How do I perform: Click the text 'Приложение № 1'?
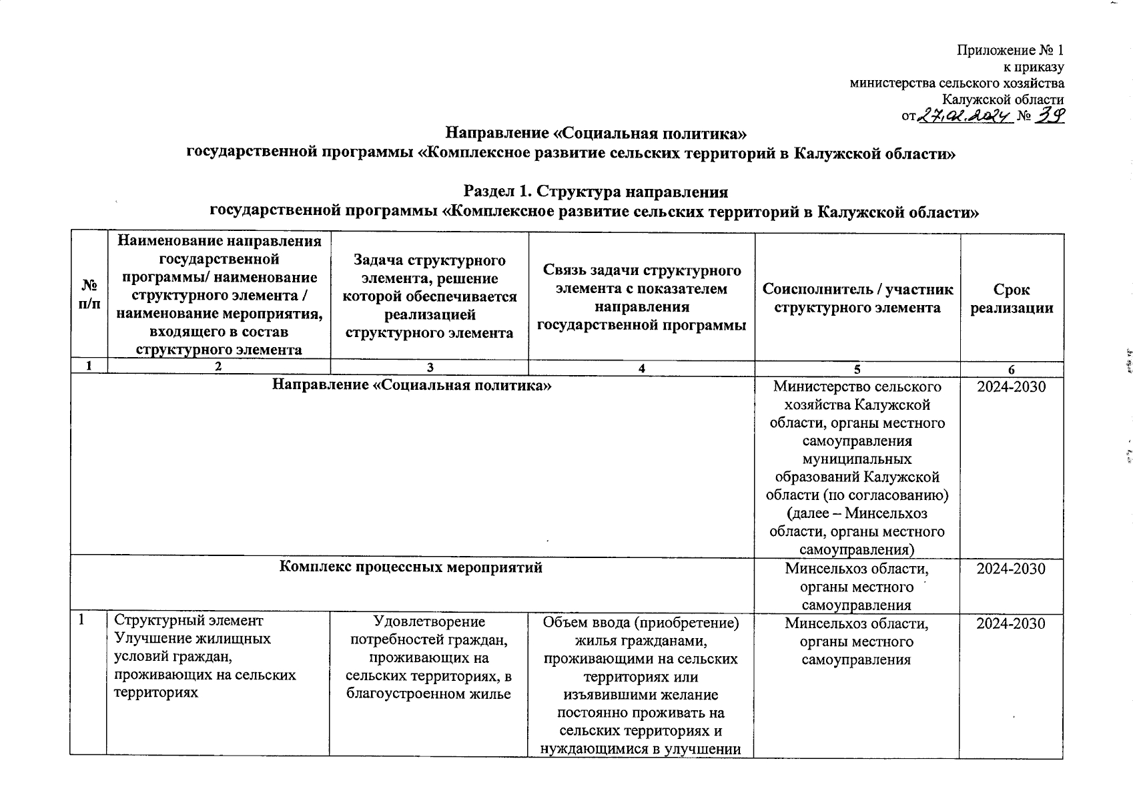(1010, 51)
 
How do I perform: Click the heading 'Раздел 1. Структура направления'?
(596, 192)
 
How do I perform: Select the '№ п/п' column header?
(88, 294)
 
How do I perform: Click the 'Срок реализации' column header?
(1012, 298)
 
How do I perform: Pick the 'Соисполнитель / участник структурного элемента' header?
(857, 298)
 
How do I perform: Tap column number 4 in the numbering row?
(641, 368)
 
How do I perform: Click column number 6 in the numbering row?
(1012, 369)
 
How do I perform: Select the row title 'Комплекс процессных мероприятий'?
(410, 567)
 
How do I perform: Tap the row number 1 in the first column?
(81, 620)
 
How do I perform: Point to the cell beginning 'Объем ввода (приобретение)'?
(641, 685)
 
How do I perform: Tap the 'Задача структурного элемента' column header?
(429, 296)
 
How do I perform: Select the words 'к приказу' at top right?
(1034, 67)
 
